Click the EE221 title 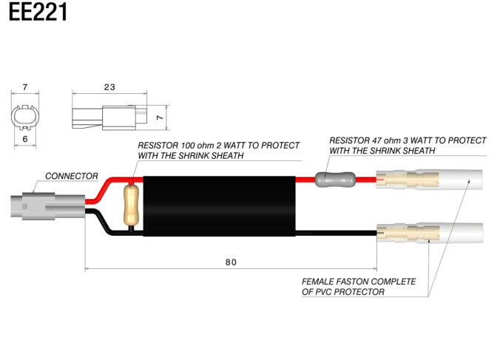38,12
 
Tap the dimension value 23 109,87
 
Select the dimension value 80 231,262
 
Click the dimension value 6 25,139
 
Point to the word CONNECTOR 71,176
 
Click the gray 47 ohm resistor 335,180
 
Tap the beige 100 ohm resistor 131,205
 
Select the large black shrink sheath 220,206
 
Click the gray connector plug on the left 48,206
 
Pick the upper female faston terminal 430,180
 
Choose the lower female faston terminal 430,233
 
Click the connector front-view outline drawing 25,118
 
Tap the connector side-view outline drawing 109,118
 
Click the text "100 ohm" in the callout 197,146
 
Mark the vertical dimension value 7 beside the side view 160,118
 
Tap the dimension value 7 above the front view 25,86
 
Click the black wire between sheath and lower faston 336,234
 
